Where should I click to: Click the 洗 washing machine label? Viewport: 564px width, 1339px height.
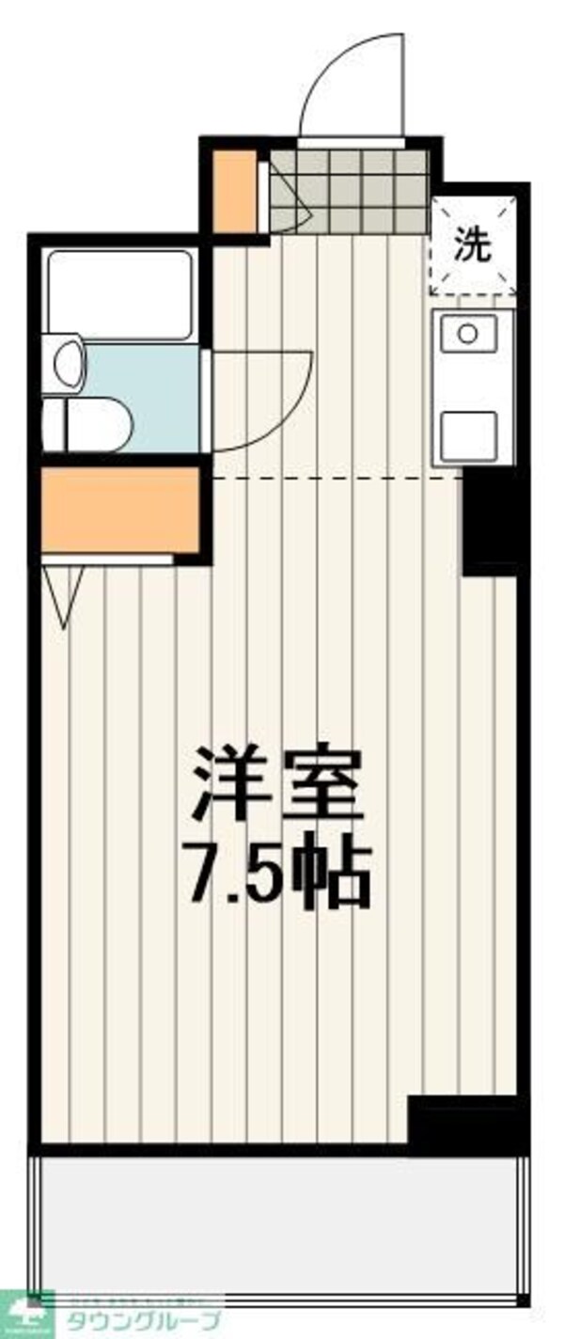(473, 245)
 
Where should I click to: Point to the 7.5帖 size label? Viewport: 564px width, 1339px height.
(278, 875)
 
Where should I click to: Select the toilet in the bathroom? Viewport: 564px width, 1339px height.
(86, 425)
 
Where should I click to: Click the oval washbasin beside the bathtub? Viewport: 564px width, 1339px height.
(69, 363)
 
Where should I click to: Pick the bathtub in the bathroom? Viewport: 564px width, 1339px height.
(119, 294)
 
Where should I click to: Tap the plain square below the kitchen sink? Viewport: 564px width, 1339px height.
(467, 434)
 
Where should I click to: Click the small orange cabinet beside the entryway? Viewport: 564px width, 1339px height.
(232, 191)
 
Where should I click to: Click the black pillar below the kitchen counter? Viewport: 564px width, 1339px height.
(490, 523)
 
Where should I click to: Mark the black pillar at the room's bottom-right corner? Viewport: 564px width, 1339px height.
(465, 1120)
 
